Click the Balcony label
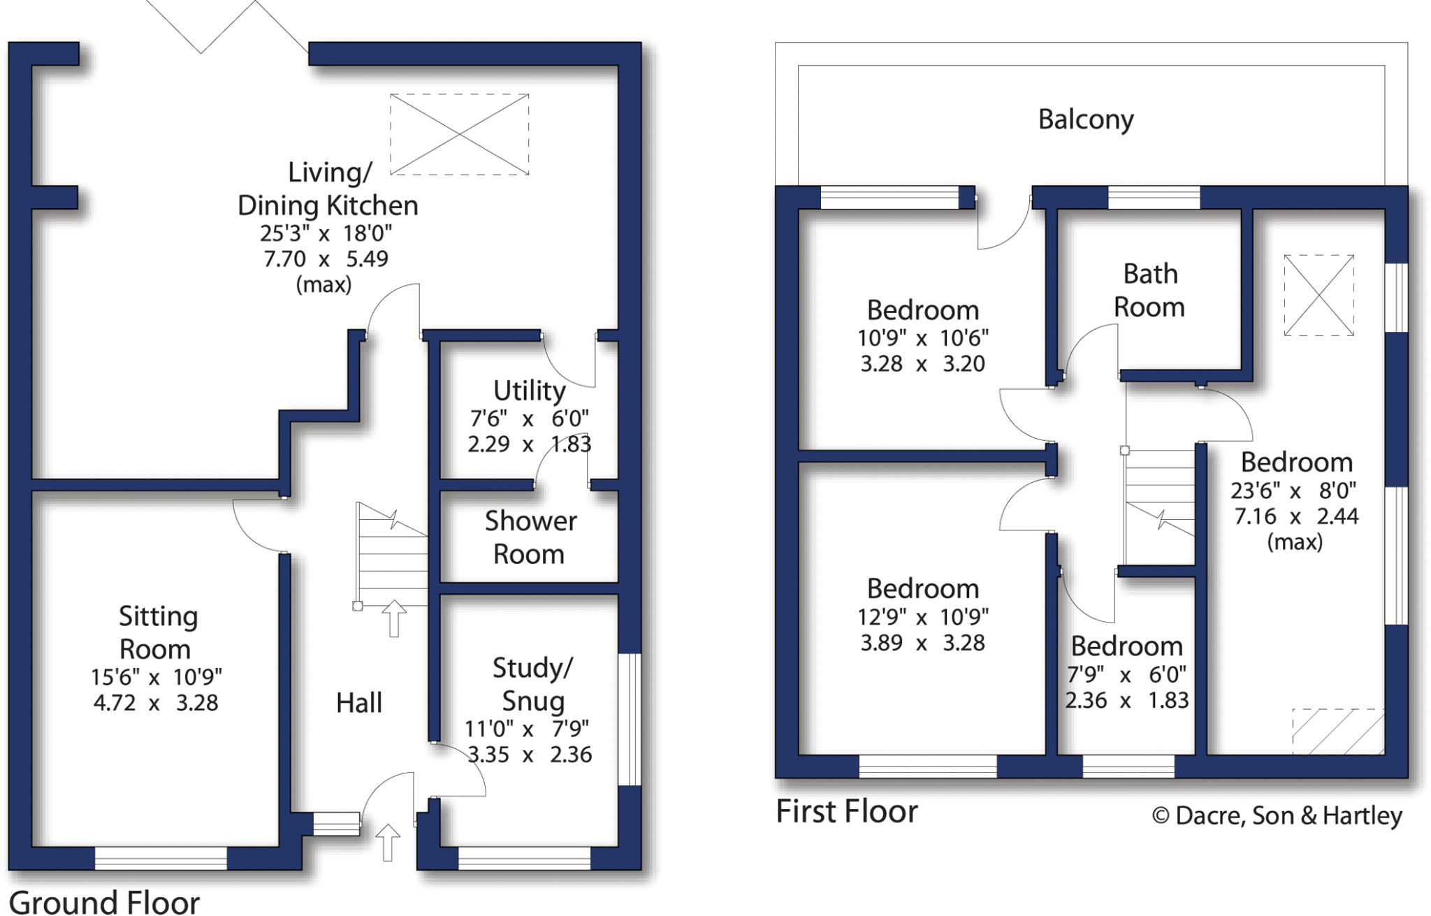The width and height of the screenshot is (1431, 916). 1085,119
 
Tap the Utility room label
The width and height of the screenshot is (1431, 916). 529,391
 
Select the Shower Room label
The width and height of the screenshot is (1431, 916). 530,537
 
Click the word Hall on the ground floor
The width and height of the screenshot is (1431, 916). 359,703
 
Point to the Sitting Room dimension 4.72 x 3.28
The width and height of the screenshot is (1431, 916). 156,702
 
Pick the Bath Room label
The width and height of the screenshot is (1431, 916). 1149,291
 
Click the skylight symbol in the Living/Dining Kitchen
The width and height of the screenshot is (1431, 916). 459,134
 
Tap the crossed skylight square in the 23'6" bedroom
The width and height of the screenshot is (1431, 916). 1319,295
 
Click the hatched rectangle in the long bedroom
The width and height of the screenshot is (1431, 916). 1337,732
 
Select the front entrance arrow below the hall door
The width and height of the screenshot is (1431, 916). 388,842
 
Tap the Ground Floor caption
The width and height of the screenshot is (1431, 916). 105,901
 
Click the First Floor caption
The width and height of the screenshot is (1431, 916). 847,812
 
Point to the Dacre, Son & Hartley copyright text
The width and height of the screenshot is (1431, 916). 1277,815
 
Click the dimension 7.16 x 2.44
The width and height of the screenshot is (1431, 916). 1296,516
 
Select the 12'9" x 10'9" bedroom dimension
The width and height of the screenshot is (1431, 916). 922,616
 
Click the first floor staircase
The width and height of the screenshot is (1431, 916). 1159,507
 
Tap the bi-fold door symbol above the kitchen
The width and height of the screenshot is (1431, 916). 227,28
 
